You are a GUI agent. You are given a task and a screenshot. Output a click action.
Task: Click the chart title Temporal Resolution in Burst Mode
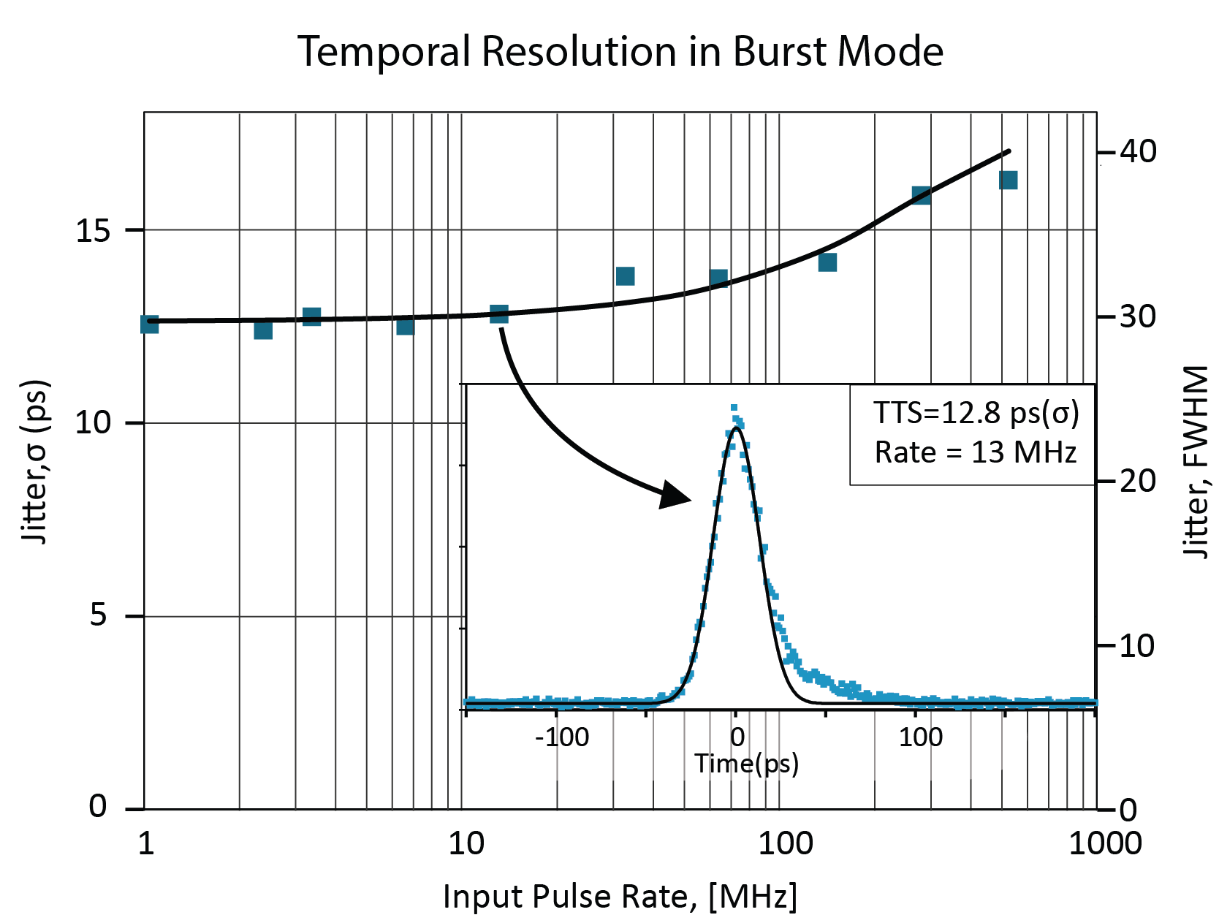tap(620, 52)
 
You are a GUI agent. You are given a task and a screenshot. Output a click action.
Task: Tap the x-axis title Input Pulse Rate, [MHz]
tap(620, 896)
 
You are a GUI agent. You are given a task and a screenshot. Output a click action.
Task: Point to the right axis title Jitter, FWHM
tap(1196, 461)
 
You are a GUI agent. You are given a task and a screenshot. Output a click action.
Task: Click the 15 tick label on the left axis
tap(93, 231)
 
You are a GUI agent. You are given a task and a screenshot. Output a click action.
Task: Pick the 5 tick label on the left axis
tap(98, 615)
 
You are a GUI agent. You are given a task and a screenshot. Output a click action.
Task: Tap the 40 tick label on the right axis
tap(1138, 152)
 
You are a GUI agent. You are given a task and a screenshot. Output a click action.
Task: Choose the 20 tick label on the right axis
tap(1138, 481)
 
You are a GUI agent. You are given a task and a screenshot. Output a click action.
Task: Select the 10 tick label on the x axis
tap(466, 843)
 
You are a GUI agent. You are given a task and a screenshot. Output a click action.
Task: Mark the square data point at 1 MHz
tap(149, 324)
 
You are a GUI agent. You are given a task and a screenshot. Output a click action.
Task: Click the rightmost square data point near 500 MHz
tap(1009, 180)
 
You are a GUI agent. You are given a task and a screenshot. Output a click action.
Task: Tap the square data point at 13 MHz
tap(499, 314)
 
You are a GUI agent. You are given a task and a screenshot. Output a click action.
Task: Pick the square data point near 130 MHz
tap(827, 262)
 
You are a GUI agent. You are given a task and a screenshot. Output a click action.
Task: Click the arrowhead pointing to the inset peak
tap(676, 495)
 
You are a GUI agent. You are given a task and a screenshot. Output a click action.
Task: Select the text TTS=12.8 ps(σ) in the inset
tap(976, 414)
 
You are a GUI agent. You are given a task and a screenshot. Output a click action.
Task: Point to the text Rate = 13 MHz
tap(976, 453)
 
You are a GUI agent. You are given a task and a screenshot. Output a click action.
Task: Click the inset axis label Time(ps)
tap(746, 764)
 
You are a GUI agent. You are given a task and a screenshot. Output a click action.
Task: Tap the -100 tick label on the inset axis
tap(562, 737)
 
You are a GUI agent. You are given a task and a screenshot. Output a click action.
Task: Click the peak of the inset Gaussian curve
tap(736, 428)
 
